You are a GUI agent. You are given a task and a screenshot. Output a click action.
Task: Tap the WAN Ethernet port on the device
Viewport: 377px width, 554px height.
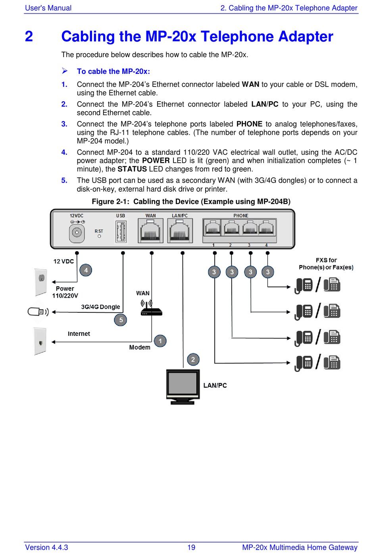coord(150,231)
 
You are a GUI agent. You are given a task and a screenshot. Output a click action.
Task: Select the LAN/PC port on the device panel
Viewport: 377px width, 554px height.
coord(180,231)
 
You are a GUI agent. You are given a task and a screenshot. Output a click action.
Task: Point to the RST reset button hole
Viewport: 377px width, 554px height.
coord(99,236)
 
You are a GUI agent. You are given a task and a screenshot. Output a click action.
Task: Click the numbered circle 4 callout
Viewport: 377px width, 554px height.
coord(86,270)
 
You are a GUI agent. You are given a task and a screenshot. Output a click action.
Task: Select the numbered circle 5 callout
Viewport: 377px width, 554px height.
coord(121,320)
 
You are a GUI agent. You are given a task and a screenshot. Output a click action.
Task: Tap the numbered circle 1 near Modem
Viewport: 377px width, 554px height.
coord(160,341)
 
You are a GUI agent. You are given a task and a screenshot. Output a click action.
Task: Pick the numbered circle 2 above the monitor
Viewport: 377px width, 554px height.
coord(193,360)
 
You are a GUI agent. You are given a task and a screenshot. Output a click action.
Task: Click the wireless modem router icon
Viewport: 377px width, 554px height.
coord(151,308)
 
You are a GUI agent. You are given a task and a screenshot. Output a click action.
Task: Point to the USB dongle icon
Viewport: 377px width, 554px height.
coord(38,312)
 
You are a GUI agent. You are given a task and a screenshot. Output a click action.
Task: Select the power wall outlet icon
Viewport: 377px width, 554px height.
coord(41,282)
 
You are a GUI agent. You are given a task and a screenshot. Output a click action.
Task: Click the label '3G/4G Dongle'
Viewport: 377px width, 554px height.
coord(100,307)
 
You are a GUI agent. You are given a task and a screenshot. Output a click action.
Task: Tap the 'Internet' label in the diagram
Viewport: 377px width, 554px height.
coord(79,334)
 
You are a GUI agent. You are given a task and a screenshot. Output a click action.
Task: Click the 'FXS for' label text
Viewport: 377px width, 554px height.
coord(326,260)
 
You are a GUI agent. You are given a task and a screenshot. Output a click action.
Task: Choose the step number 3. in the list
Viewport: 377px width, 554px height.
coord(64,124)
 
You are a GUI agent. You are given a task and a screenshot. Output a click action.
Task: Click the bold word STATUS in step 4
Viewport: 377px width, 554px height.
coord(132,169)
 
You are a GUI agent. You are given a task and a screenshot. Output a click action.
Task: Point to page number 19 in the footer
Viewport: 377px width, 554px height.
coord(191,547)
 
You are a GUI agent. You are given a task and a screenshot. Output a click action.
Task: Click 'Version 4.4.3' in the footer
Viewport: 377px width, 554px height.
coord(46,547)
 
